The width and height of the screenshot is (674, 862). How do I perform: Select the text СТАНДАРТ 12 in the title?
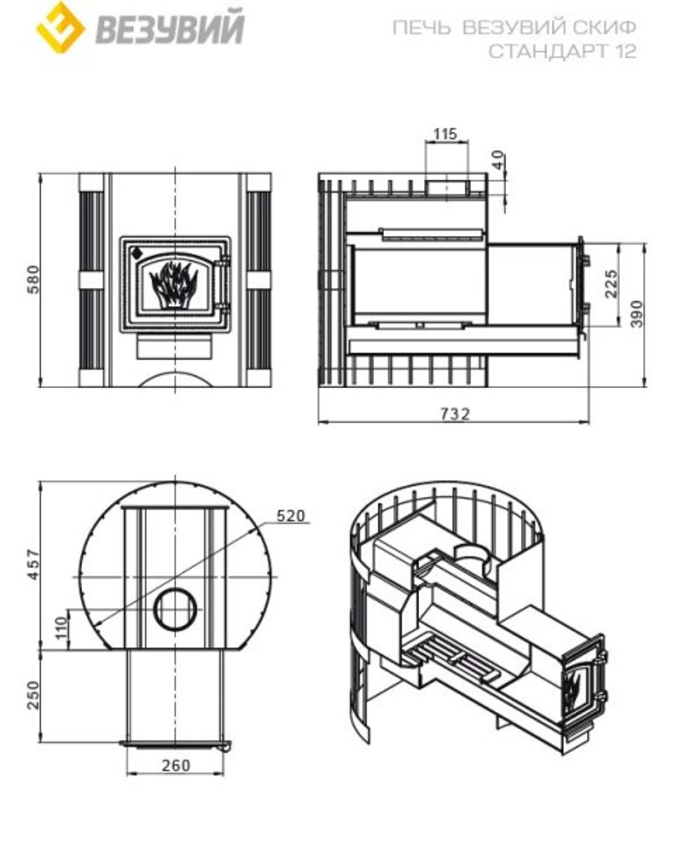pyautogui.click(x=562, y=51)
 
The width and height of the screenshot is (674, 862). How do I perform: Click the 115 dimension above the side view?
pyautogui.click(x=445, y=133)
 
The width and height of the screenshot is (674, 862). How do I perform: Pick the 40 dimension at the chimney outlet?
pyautogui.click(x=497, y=161)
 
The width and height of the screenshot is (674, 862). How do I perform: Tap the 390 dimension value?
pyautogui.click(x=637, y=313)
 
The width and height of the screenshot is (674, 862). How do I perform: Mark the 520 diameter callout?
pyautogui.click(x=291, y=516)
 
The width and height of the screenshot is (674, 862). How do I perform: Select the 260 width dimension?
pyautogui.click(x=176, y=765)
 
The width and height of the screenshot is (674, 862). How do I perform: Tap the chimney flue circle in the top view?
pyautogui.click(x=176, y=608)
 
